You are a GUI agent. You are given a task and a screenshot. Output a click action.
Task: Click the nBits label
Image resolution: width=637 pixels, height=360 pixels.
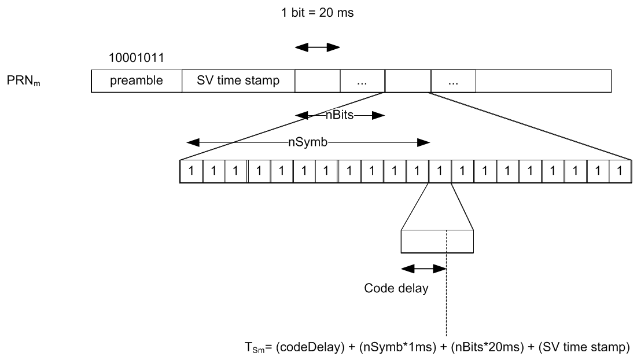[x=340, y=115]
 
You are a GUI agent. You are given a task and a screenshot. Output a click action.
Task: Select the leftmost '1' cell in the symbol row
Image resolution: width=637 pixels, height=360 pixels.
[x=192, y=171]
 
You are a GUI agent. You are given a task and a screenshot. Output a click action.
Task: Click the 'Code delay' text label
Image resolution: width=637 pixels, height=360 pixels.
[x=396, y=288]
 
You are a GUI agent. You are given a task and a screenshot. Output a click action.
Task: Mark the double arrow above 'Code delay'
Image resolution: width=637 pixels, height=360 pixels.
[x=424, y=269]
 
